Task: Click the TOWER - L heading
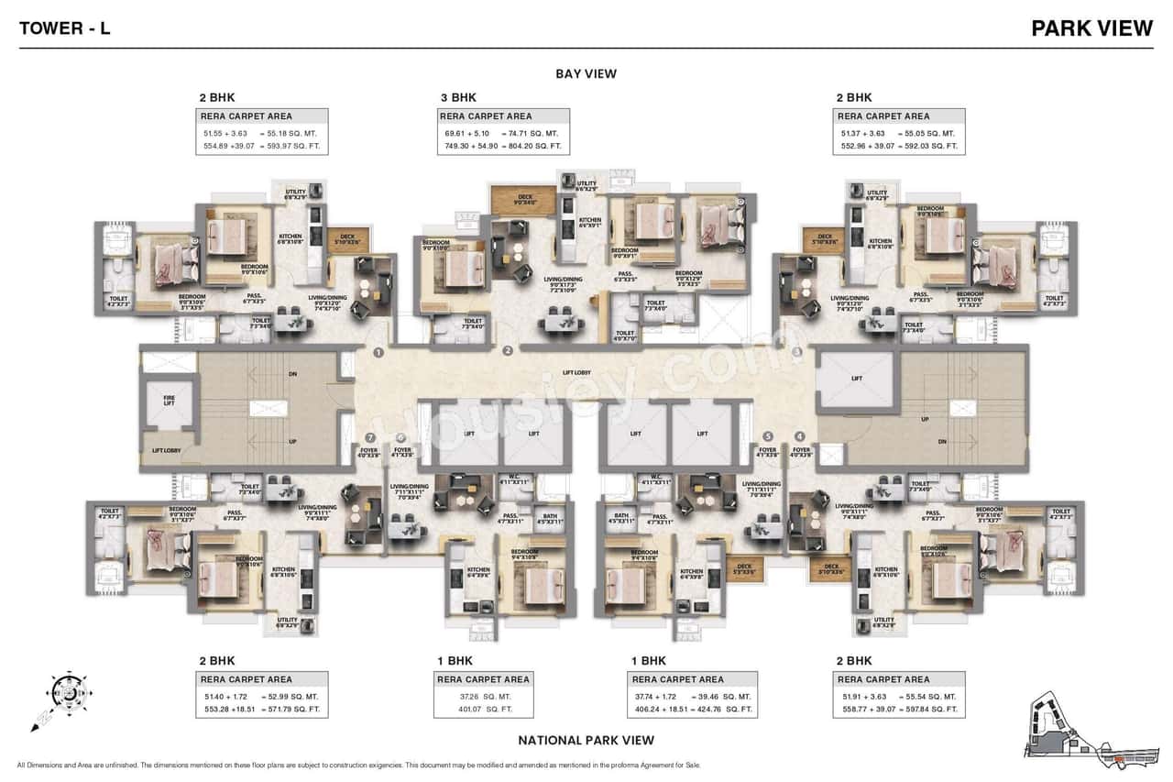click(x=65, y=28)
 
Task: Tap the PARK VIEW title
click(x=1091, y=28)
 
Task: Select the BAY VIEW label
click(x=586, y=74)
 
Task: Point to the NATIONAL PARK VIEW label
click(x=586, y=740)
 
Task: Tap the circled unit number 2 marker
click(x=507, y=350)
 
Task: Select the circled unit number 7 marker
click(x=370, y=438)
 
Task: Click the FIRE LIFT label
click(x=168, y=400)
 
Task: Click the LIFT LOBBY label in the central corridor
click(x=576, y=373)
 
